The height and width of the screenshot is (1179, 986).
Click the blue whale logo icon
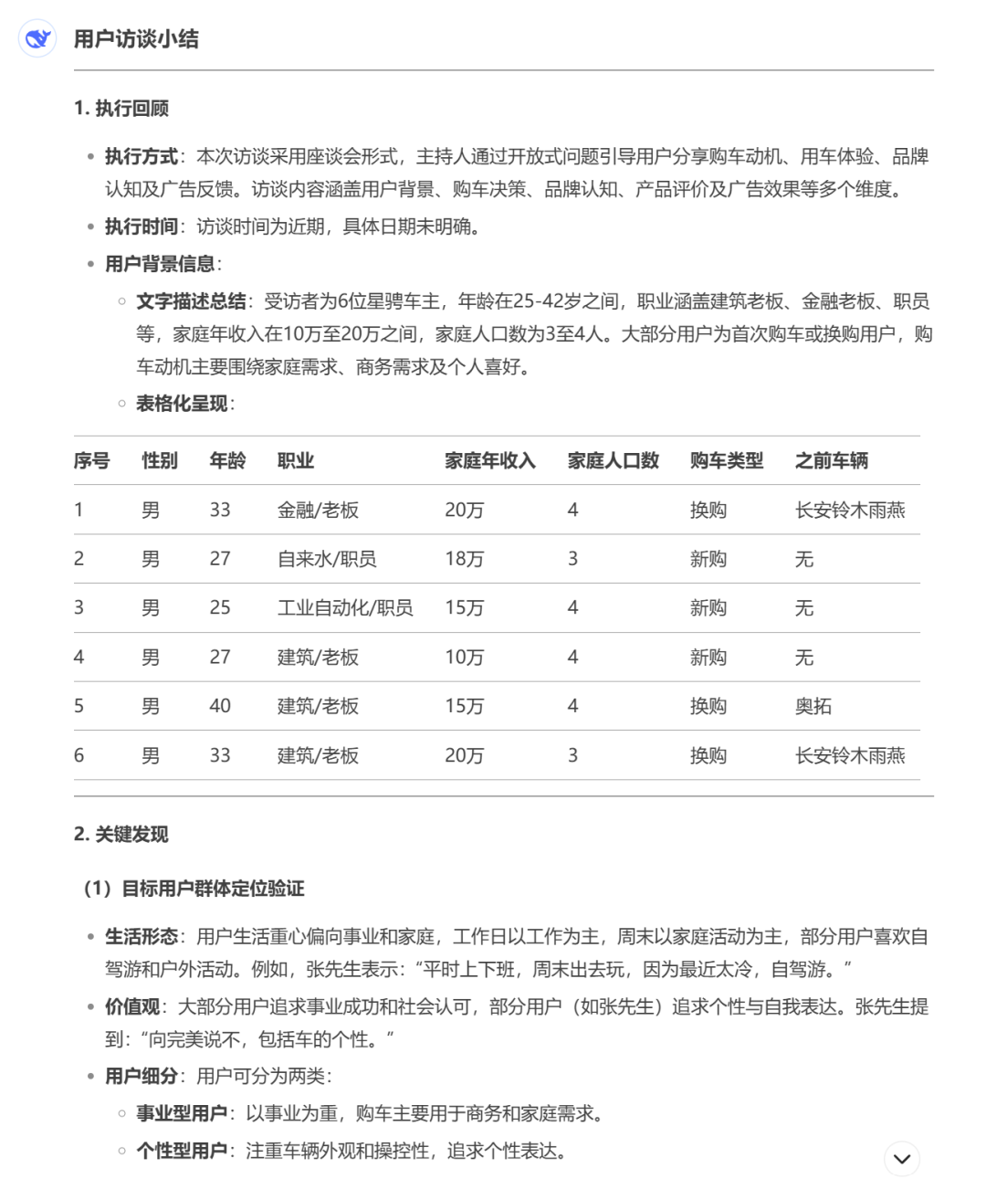(x=37, y=38)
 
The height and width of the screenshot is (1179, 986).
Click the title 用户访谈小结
(x=136, y=39)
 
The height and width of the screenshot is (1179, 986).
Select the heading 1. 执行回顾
(x=121, y=109)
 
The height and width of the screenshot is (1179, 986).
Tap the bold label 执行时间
(x=142, y=226)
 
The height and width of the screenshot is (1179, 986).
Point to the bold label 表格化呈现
(x=182, y=404)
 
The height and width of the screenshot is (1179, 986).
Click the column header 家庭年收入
(x=490, y=461)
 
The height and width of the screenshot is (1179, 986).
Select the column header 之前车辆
(x=832, y=461)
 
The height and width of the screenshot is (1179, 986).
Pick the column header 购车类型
(x=727, y=461)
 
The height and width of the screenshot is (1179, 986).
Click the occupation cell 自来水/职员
(x=327, y=559)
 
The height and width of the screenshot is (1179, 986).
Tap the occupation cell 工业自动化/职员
(x=345, y=608)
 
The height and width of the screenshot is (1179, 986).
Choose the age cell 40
(x=220, y=706)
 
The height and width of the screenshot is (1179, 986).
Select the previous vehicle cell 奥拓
(x=813, y=706)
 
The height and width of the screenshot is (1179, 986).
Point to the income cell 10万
(x=465, y=658)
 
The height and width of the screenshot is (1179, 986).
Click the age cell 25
(x=220, y=608)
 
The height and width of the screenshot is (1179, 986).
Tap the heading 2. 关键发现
(x=121, y=835)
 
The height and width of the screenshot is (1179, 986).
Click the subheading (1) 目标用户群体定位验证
(x=194, y=889)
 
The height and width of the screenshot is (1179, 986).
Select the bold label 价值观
(x=132, y=1007)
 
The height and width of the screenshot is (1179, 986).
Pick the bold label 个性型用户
(x=182, y=1152)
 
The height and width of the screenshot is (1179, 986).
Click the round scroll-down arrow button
(x=902, y=1159)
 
